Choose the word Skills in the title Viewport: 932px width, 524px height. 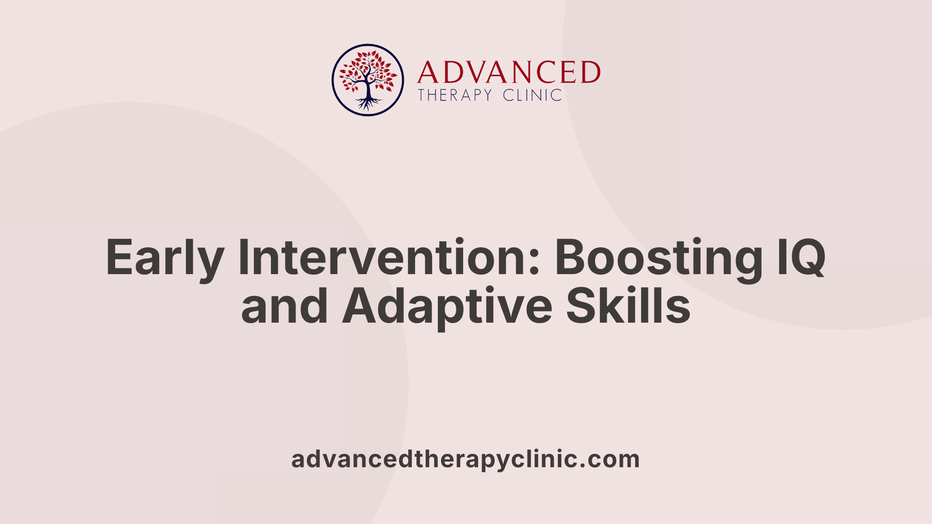coord(628,306)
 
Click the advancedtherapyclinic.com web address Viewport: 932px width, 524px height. coord(466,459)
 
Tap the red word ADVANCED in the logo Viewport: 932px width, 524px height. coord(509,73)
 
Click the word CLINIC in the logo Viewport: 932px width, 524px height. coord(533,95)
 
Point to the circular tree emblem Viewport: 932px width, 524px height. coord(368,80)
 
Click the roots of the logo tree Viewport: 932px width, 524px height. coord(368,103)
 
